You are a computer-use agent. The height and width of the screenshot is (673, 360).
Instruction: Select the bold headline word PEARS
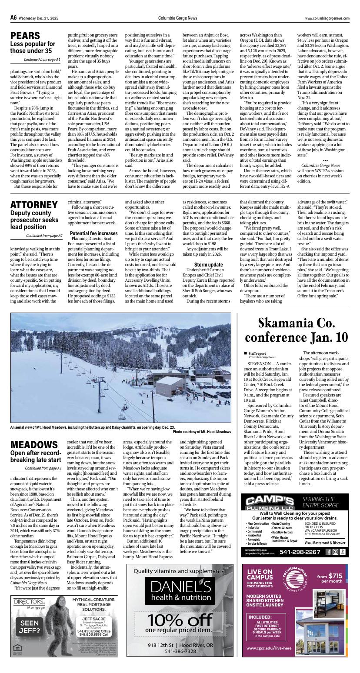tap(25, 36)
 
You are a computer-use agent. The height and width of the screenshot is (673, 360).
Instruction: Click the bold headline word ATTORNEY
tap(34, 205)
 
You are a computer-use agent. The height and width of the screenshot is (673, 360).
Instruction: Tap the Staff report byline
tap(257, 353)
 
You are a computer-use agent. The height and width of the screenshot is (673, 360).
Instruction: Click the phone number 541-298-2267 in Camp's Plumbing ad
tap(300, 552)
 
